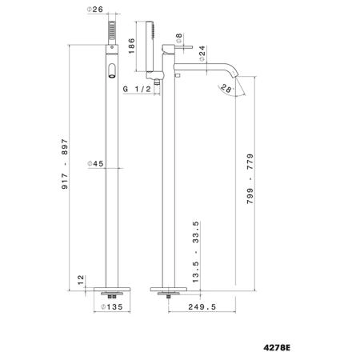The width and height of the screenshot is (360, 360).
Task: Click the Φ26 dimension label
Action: (95, 10)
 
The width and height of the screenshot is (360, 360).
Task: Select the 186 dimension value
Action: (132, 46)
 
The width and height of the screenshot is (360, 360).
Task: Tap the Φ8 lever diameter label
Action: (179, 38)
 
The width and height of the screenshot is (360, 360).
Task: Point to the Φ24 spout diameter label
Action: (202, 54)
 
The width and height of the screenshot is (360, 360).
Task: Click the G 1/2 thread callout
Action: (137, 89)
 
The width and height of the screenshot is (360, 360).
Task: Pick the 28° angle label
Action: (226, 88)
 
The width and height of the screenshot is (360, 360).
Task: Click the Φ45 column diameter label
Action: (95, 163)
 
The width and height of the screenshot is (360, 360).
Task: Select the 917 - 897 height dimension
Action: (65, 164)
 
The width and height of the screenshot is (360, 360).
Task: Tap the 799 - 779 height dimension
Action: (250, 178)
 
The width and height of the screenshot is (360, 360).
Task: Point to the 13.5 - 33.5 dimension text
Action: (195, 252)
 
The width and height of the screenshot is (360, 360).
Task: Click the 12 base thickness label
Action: (81, 280)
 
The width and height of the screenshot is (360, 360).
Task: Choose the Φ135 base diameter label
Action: (112, 307)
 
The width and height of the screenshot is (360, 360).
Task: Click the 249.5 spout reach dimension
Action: (202, 307)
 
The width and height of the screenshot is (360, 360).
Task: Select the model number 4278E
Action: (277, 348)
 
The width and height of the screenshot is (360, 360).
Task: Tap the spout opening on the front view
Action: (112, 70)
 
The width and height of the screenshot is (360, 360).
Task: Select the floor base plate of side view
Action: (169, 290)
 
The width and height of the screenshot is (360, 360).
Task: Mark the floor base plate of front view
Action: (112, 290)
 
